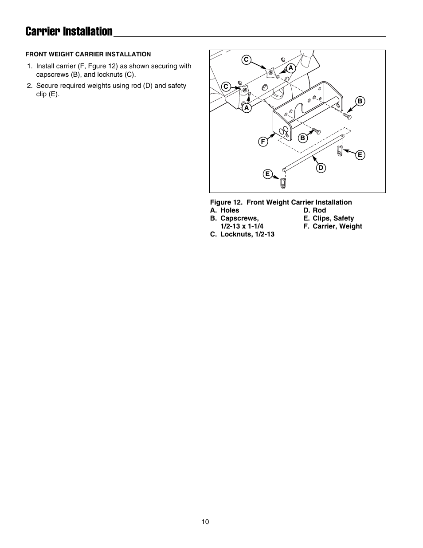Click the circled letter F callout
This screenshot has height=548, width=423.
click(262, 142)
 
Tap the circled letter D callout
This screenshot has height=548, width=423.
click(321, 168)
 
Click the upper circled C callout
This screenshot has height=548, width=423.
click(246, 59)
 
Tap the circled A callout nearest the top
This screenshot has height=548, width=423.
click(290, 68)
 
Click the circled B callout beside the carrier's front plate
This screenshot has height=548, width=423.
click(302, 138)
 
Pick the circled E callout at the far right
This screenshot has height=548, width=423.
click(360, 155)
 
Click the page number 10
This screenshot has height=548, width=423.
click(205, 522)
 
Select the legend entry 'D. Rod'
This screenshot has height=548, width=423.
click(314, 210)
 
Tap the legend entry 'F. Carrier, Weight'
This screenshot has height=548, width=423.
click(333, 226)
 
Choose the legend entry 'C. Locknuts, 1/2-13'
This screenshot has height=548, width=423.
click(242, 234)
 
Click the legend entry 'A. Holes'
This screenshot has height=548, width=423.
click(224, 210)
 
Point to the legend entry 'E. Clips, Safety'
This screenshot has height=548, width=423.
click(329, 218)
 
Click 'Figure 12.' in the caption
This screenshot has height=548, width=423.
click(226, 202)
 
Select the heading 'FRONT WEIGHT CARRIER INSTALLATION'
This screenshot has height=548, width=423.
click(88, 54)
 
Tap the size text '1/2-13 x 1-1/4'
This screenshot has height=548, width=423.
click(242, 226)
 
